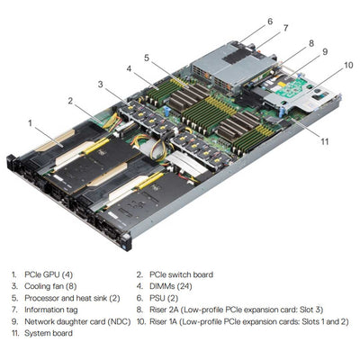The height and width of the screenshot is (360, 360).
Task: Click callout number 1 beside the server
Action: click(x=31, y=121)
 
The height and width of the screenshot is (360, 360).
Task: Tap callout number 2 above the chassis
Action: click(x=69, y=101)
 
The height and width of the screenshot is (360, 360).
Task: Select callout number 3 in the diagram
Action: click(x=100, y=84)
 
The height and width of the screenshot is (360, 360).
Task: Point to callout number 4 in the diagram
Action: click(x=130, y=67)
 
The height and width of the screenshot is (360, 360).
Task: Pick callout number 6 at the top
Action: click(x=269, y=20)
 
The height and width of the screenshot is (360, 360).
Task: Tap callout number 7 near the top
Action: click(x=286, y=28)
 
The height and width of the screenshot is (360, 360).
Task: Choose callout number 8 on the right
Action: click(x=310, y=42)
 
